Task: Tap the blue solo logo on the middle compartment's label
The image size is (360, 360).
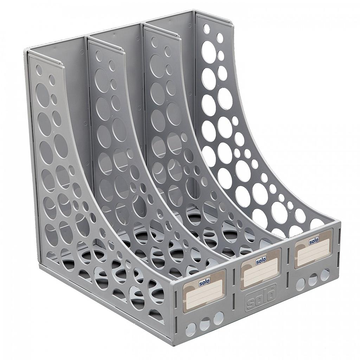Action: tap(261, 261)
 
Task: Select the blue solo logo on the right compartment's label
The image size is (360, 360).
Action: tap(314, 241)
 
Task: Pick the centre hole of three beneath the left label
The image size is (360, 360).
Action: tap(205, 324)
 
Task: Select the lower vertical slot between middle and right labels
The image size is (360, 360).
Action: tap(288, 278)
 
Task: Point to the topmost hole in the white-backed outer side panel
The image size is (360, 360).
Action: tap(207, 29)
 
